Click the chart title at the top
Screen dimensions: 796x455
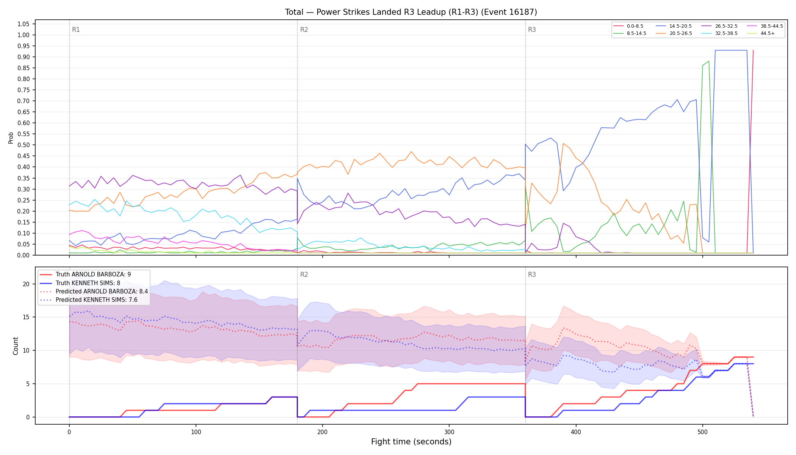point(411,12)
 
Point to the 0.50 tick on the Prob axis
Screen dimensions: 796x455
point(23,145)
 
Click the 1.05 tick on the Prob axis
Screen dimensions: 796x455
point(23,24)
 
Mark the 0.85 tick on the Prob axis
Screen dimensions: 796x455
point(23,68)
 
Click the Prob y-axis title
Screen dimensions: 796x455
point(11,138)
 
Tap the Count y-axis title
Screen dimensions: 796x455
point(16,346)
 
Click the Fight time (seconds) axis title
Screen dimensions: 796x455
point(411,442)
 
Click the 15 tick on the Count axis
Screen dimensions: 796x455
point(26,317)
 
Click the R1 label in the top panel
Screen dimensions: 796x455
point(76,30)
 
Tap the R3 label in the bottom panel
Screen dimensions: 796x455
point(532,275)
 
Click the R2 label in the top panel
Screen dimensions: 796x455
point(304,30)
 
